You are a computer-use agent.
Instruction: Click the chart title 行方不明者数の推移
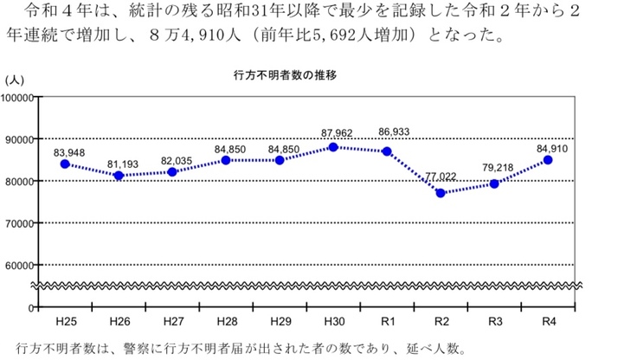pos(285,75)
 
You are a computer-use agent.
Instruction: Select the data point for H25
pos(65,164)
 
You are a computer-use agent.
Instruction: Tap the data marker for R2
pos(441,193)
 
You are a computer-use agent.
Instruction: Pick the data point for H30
pos(333,147)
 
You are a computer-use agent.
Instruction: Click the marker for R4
pos(548,160)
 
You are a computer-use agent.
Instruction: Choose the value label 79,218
pos(496,166)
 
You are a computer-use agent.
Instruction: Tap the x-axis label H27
pos(172,321)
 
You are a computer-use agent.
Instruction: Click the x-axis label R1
pos(387,321)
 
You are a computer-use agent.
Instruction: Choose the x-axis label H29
pos(280,321)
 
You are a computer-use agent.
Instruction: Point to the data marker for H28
pos(226,160)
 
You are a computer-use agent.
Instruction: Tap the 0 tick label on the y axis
pos(29,307)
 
